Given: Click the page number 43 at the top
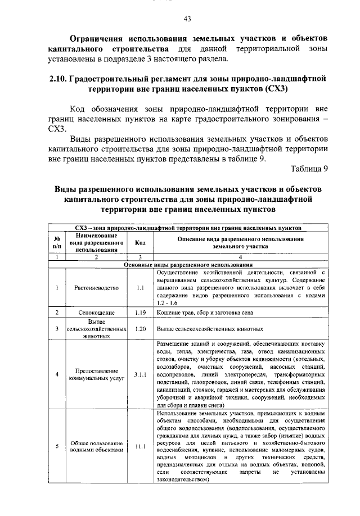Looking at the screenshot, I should click(x=187, y=19).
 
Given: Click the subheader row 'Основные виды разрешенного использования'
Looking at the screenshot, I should click(x=188, y=264).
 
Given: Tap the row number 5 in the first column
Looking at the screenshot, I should click(x=57, y=447).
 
